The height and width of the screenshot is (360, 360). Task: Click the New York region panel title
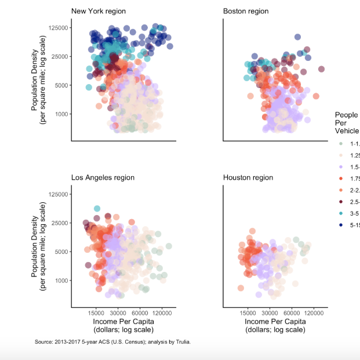click(98, 11)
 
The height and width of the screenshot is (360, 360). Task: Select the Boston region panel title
click(245, 11)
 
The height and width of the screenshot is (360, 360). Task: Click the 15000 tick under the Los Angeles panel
click(96, 312)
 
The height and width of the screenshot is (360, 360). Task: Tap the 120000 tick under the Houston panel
click(314, 312)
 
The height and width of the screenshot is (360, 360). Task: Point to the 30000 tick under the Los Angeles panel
click(118, 312)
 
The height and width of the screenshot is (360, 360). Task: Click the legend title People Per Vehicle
click(346, 123)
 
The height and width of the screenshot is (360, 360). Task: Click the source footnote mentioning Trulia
click(112, 342)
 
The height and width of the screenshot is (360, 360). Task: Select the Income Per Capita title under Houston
click(275, 325)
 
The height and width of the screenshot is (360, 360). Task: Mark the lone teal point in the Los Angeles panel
click(97, 209)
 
